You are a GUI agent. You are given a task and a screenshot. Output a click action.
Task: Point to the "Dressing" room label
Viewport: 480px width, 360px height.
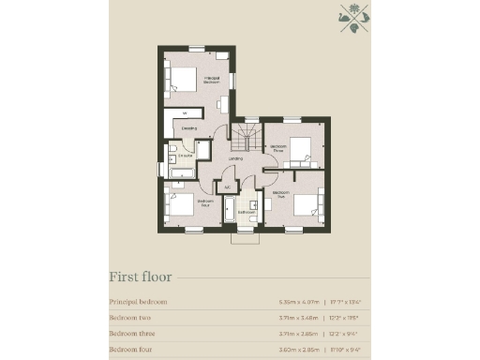(188, 127)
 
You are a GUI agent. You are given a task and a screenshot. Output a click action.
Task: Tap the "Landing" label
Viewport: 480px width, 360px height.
(235, 158)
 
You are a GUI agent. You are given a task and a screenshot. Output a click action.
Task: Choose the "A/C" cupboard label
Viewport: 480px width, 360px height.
(227, 187)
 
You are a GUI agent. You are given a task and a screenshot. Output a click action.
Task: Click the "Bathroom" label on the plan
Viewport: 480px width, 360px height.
(246, 212)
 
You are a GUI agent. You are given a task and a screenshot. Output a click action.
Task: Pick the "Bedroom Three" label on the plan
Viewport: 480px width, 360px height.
(279, 148)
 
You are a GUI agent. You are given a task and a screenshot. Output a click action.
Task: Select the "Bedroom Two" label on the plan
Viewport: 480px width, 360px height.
(279, 196)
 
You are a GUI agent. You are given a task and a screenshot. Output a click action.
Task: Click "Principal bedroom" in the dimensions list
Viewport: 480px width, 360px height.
(138, 302)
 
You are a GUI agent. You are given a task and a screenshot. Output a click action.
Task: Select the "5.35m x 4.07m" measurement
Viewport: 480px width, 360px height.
(299, 302)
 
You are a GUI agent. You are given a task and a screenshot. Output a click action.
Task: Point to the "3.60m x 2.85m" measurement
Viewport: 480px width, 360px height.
(299, 349)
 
